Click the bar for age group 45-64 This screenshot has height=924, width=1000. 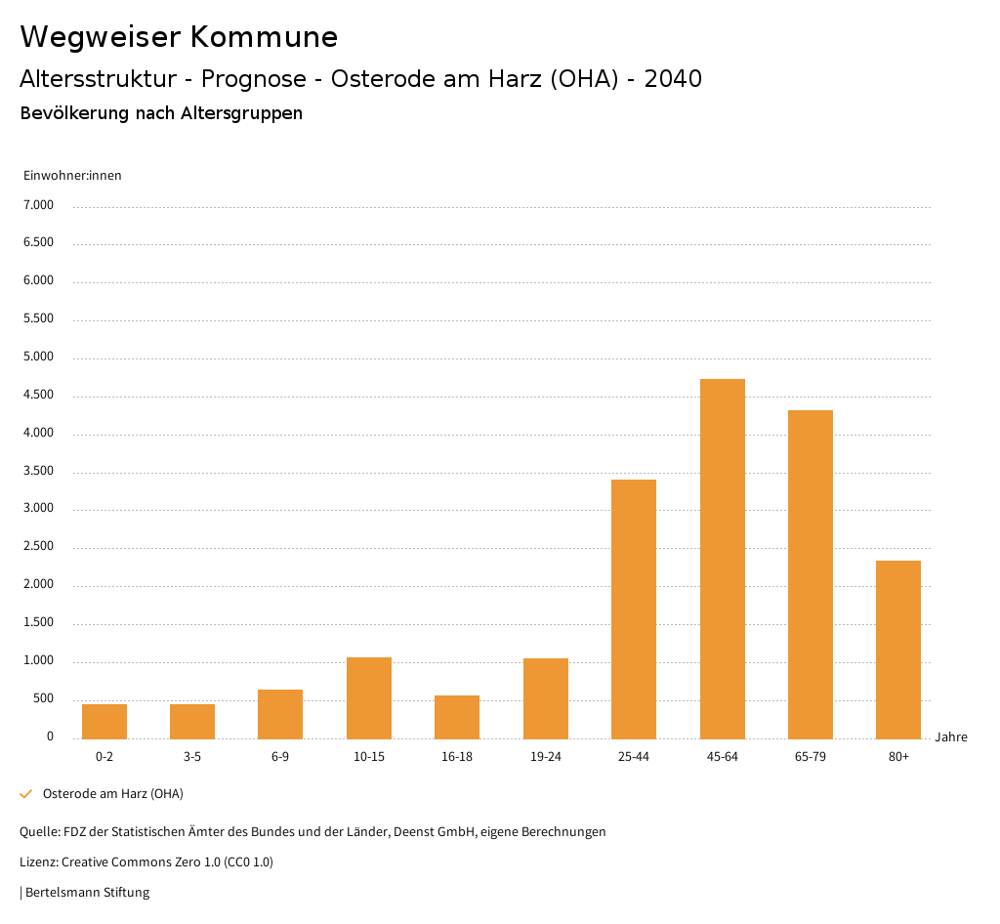click(722, 559)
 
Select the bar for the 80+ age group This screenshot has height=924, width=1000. click(898, 650)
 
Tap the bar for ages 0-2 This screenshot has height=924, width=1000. click(104, 722)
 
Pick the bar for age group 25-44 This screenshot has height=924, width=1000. click(634, 609)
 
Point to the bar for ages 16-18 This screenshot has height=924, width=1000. click(457, 717)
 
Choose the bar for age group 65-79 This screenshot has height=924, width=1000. click(811, 574)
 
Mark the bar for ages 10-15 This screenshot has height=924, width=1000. click(369, 698)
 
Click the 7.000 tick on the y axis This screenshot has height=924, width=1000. click(38, 205)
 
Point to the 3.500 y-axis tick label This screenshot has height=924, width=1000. click(38, 471)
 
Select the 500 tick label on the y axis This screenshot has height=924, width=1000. click(43, 698)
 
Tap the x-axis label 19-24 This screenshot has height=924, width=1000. click(545, 757)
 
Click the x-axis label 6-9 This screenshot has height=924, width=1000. click(280, 757)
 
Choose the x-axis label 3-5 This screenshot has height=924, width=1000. click(192, 757)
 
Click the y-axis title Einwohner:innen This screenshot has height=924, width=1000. click(72, 175)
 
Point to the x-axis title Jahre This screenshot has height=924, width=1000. click(951, 736)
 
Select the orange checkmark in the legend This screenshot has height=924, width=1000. click(26, 793)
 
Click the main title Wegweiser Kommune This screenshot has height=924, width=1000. click(179, 37)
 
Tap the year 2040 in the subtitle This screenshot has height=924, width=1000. click(673, 79)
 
